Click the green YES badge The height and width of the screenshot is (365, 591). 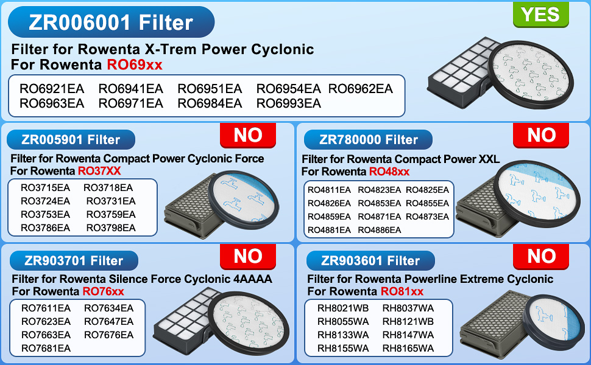tap(540, 14)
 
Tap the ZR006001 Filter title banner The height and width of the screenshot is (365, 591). tap(111, 23)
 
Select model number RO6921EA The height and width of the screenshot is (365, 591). tap(52, 89)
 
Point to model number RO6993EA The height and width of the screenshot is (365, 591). tap(288, 103)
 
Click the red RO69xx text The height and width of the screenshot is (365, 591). tap(135, 64)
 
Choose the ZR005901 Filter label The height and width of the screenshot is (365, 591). tap(71, 139)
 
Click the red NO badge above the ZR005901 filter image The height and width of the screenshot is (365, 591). tap(248, 135)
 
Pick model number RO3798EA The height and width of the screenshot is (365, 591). tap(111, 228)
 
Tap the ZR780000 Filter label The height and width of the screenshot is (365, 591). tap(369, 139)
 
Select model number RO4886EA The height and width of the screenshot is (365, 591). tap(379, 230)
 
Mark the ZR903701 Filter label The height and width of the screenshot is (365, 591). tap(74, 260)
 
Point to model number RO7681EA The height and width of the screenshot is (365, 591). tap(46, 348)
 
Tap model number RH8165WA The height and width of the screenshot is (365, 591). tap(408, 348)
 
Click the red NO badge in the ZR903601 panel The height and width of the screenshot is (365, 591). tap(542, 257)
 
